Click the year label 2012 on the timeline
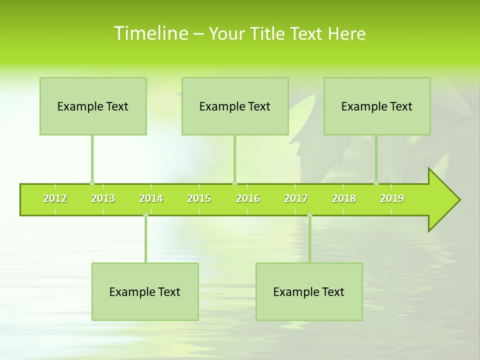tap(55, 198)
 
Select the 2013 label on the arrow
tap(103, 198)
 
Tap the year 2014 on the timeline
tap(151, 198)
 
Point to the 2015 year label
tap(199, 198)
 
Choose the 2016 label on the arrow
tap(248, 198)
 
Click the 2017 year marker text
tap(296, 198)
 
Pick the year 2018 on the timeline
tap(344, 198)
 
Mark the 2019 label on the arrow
tap(392, 198)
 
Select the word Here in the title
tap(346, 33)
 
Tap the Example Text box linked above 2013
tap(93, 106)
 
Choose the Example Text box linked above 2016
tap(235, 106)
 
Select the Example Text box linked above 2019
tap(377, 106)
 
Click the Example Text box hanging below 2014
tap(145, 291)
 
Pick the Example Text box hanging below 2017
tap(309, 291)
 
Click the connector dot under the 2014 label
tap(145, 215)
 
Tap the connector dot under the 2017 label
tap(309, 215)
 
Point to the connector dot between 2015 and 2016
tap(234, 183)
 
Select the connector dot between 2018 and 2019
tap(376, 183)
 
